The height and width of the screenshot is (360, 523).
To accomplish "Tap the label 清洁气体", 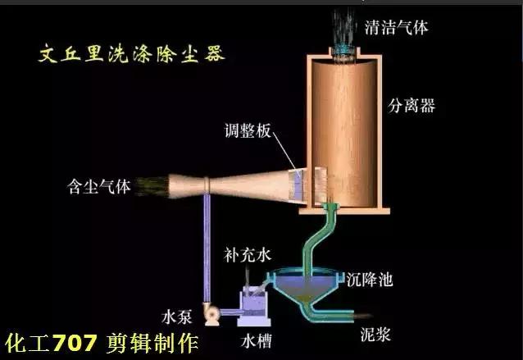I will (397, 27).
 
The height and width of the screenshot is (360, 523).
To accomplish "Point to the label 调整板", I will (248, 130).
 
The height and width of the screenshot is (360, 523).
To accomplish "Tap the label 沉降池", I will (370, 280).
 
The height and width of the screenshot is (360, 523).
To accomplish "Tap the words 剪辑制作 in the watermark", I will (152, 339).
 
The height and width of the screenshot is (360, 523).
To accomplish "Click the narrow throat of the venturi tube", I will (208, 185).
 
